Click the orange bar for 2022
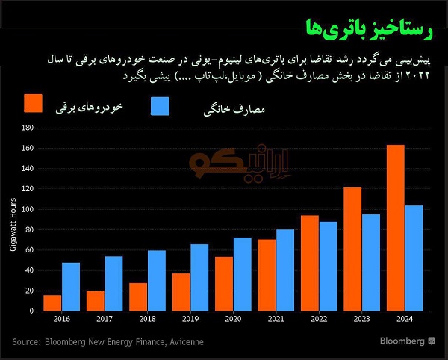(x=309, y=263)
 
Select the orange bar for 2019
(x=181, y=292)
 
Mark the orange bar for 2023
(x=352, y=249)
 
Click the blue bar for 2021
(x=285, y=270)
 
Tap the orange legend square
(x=33, y=105)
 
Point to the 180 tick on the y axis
(x=28, y=128)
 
